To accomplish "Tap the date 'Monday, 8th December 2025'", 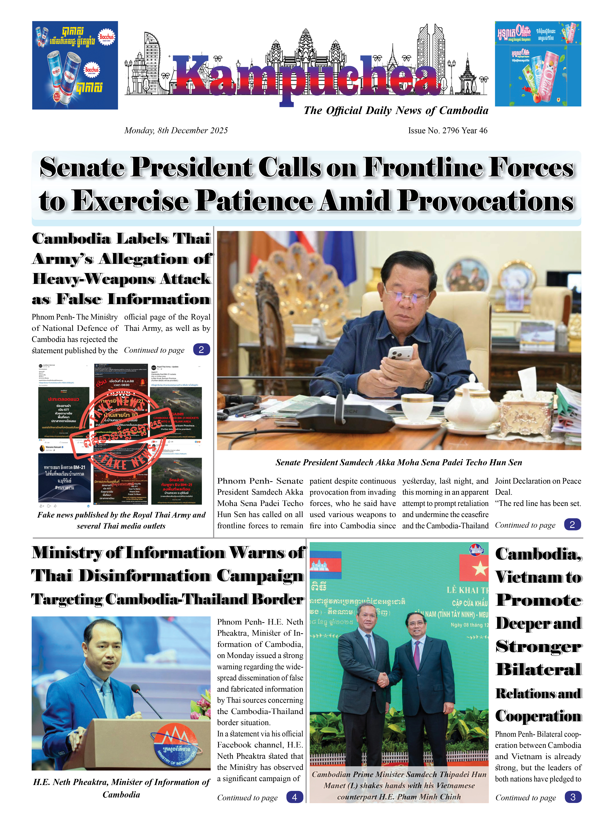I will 176,131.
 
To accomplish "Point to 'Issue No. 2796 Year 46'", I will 447,131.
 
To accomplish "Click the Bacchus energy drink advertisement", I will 75,65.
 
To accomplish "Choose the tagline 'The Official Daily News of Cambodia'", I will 396,111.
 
